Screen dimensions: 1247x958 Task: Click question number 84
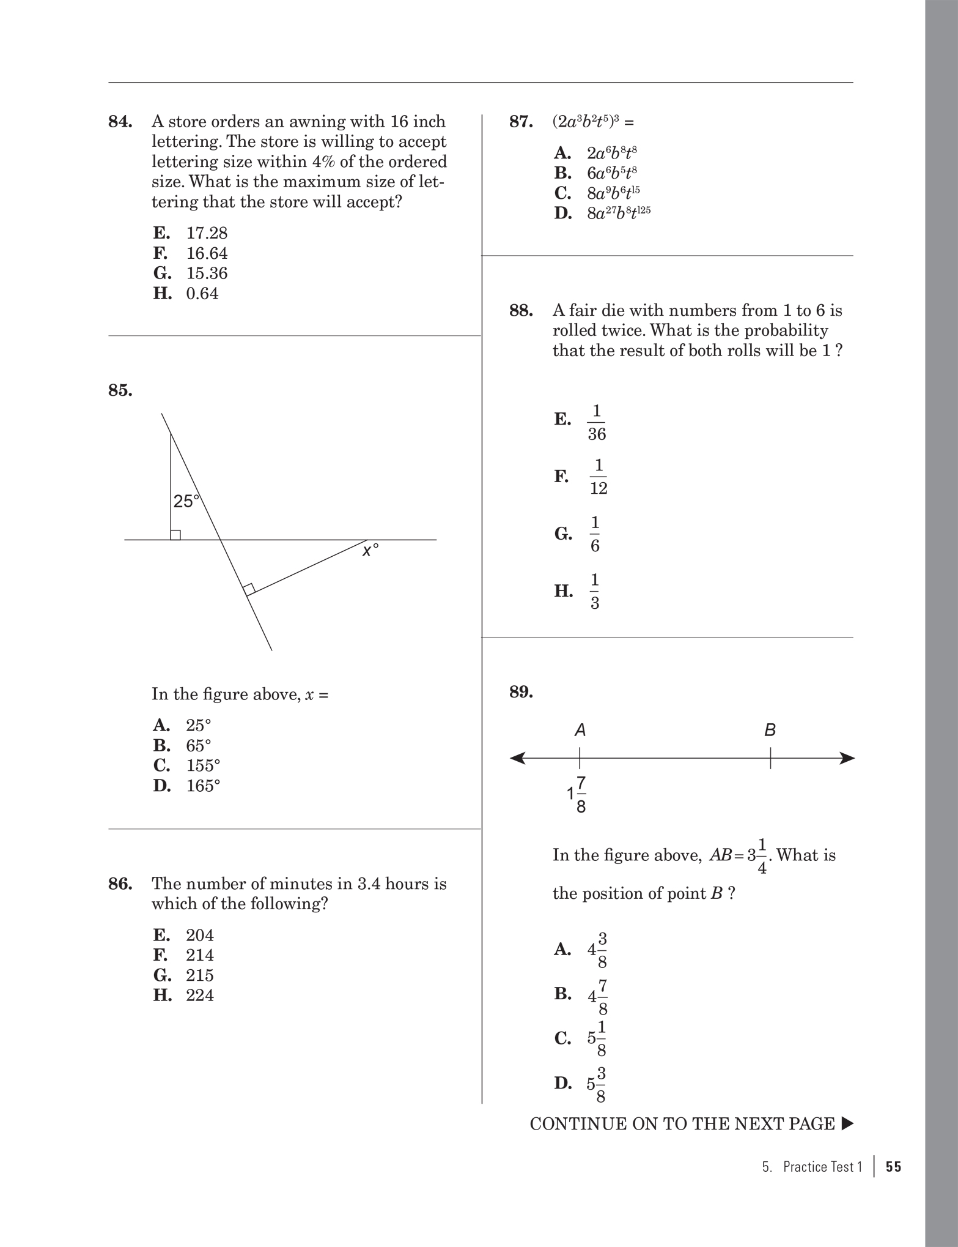(120, 122)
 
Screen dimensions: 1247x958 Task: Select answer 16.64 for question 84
(207, 253)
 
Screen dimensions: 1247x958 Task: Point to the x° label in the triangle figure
(370, 551)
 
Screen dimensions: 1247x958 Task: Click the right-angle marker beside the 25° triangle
(175, 535)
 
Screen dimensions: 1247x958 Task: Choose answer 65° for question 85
(198, 745)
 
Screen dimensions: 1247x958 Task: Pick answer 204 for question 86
(200, 935)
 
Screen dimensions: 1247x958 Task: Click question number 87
(521, 122)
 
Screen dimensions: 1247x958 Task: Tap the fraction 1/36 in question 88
(596, 423)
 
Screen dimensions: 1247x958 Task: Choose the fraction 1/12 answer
(599, 477)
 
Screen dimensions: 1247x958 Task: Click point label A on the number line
(580, 730)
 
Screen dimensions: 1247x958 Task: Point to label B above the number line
(770, 730)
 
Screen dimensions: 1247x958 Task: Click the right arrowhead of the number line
(847, 759)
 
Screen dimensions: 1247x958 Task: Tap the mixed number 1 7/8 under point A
(577, 795)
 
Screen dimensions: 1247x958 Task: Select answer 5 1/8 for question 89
(597, 1039)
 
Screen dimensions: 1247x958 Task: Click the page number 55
(893, 1167)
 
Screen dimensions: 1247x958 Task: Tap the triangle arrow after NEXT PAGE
(847, 1124)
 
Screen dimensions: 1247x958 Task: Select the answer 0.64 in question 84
(202, 294)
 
